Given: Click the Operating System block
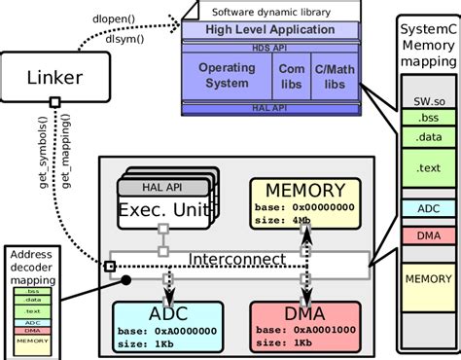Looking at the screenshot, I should pos(227,76).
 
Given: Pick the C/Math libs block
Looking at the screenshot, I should pos(337,76).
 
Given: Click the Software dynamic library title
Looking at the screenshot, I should pos(280,12).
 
